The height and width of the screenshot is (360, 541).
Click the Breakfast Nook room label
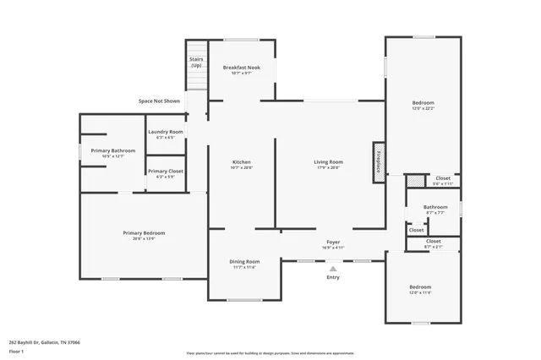241,67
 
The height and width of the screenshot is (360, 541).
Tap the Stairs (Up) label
196,62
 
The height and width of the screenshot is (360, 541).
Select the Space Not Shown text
160,101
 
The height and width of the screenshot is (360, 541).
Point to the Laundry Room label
165,132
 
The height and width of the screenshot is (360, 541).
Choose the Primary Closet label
165,171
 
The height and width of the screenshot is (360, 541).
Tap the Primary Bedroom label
144,232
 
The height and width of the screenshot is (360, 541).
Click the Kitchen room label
242,161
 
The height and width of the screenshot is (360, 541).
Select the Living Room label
328,161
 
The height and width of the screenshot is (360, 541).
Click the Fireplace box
378,161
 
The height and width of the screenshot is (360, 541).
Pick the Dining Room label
244,261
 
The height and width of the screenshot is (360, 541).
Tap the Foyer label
333,242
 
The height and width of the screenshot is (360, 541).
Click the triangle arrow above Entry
333,268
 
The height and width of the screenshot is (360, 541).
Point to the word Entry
333,277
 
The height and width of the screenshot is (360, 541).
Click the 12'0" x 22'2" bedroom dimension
423,108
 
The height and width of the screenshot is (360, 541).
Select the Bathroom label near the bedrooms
435,206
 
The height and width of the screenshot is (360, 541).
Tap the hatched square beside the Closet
413,180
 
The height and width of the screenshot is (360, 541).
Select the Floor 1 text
17,351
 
